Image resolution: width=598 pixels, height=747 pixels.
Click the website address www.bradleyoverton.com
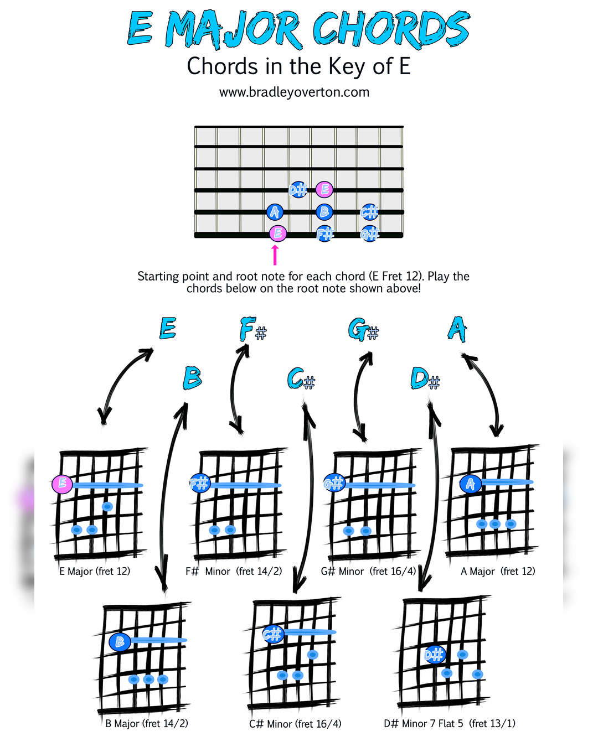[x=294, y=92]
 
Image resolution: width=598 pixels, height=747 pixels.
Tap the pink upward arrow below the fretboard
[x=275, y=255]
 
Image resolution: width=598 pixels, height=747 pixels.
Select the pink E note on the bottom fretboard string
[x=277, y=234]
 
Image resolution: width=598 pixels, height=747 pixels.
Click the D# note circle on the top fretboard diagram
[x=298, y=190]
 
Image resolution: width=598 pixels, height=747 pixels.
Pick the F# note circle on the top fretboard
[x=325, y=234]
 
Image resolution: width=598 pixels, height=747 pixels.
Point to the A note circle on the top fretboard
[x=275, y=212]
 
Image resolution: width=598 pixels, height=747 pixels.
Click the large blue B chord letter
[x=192, y=378]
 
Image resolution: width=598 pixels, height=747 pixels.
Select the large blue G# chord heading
[x=363, y=330]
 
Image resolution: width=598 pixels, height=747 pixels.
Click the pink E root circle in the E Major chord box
[x=62, y=484]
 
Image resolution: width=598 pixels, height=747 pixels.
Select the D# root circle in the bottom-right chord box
[x=435, y=655]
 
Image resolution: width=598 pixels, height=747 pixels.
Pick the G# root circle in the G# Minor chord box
[x=334, y=483]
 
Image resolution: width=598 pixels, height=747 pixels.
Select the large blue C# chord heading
[x=301, y=379]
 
